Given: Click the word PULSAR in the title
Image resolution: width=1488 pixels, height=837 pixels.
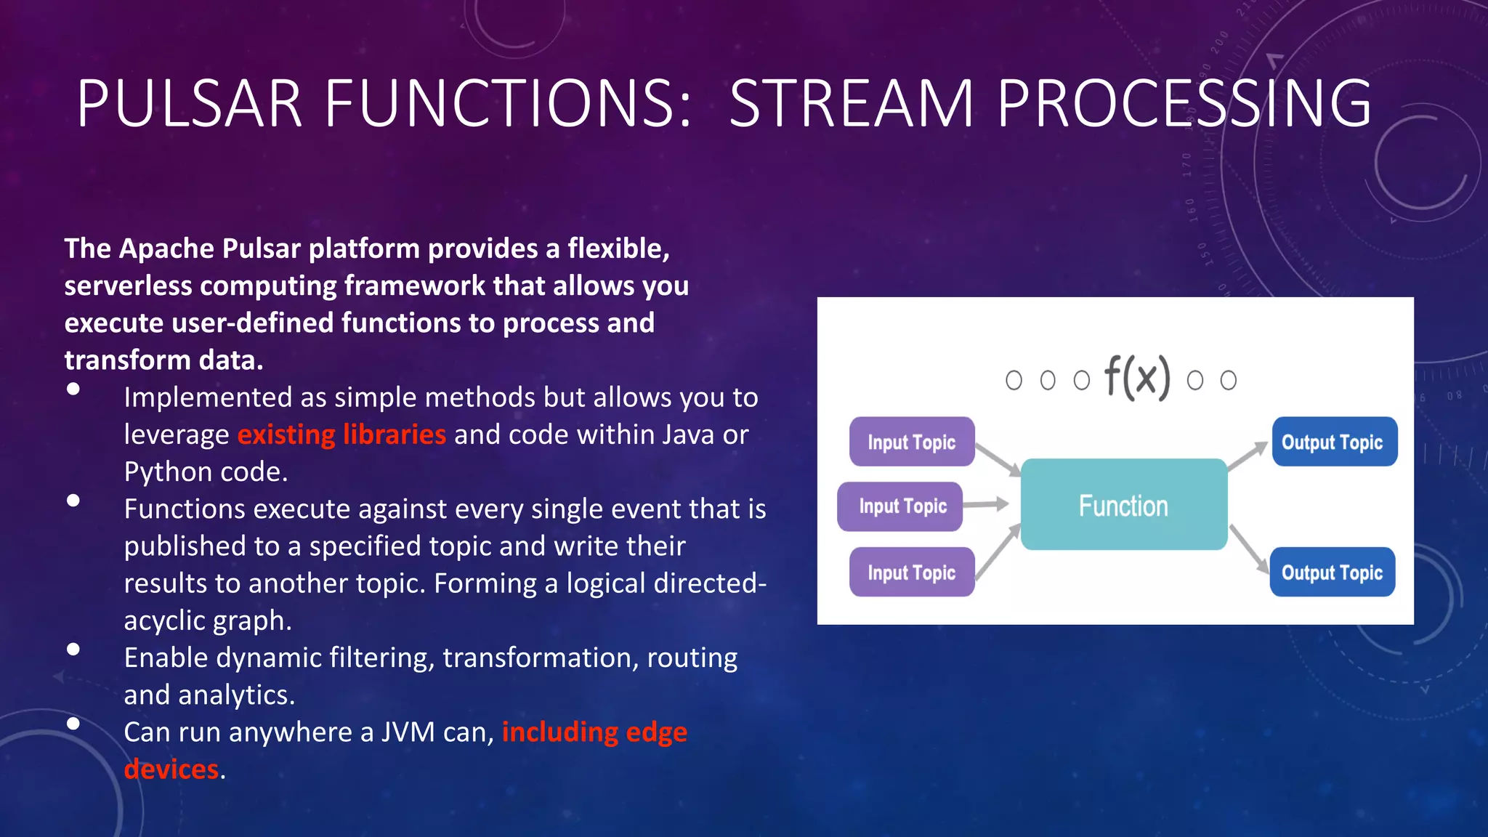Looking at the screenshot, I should click(x=189, y=103).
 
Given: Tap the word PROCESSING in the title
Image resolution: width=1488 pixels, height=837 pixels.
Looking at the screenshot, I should click(x=1184, y=103).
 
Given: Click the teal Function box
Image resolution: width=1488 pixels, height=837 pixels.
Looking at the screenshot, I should click(x=1123, y=505).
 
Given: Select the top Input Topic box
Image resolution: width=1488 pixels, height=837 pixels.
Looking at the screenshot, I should click(x=911, y=442).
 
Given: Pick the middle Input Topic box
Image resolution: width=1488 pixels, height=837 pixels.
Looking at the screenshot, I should click(x=901, y=506).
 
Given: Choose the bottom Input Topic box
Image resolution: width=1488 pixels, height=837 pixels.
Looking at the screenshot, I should click(x=911, y=573).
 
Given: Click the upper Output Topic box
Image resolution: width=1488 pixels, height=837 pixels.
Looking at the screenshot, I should click(x=1333, y=442).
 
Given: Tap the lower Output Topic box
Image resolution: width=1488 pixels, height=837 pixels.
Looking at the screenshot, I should click(x=1332, y=573).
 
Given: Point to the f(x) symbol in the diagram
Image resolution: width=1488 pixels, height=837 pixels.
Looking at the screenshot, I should click(x=1137, y=377).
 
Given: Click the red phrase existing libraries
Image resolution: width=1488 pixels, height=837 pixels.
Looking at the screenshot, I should click(x=341, y=434).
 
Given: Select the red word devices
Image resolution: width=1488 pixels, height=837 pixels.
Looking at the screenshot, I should click(x=171, y=769).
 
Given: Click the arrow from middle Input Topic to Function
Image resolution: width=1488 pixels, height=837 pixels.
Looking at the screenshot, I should click(x=986, y=504).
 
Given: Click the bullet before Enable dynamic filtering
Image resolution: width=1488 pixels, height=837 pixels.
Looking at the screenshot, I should click(x=73, y=650).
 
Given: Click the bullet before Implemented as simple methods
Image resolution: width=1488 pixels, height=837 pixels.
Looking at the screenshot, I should click(x=73, y=389).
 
